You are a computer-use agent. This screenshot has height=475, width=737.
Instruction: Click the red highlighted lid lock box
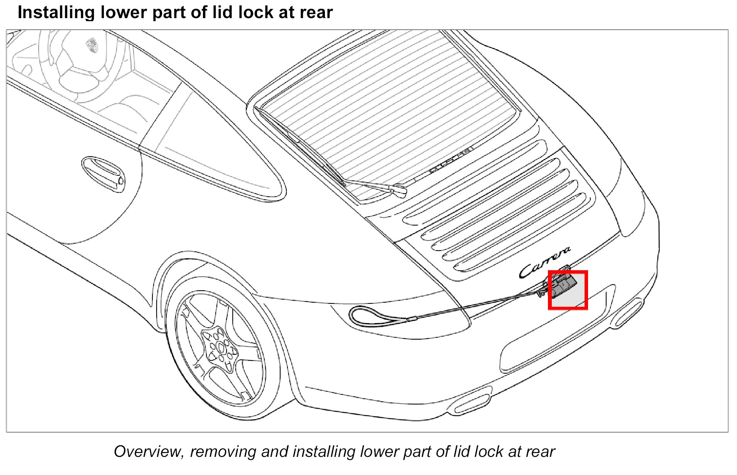coord(568,290)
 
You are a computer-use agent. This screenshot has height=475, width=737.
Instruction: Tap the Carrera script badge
coord(544,263)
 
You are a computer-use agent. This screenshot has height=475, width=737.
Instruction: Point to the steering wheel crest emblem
coord(92,45)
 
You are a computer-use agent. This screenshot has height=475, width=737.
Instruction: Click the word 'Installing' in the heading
coord(56,12)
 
